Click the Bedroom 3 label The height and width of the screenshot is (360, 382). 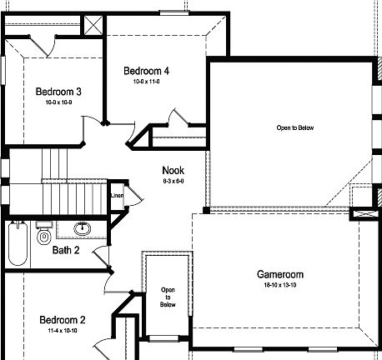tap(58, 92)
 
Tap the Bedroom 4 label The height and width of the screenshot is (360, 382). tap(146, 71)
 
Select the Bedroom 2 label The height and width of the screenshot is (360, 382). tap(63, 320)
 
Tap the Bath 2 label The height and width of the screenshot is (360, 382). tap(66, 250)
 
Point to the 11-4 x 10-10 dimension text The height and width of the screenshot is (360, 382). tap(63, 331)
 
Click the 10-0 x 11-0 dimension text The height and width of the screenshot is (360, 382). tap(146, 82)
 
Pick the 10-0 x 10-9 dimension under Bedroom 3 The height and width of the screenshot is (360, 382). tap(58, 102)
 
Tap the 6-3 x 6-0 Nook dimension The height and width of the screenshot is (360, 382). tap(173, 181)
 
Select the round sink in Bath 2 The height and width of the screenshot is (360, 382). tap(83, 228)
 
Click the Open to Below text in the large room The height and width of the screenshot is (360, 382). tap(289, 128)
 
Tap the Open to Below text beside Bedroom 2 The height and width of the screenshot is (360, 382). tap(168, 297)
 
